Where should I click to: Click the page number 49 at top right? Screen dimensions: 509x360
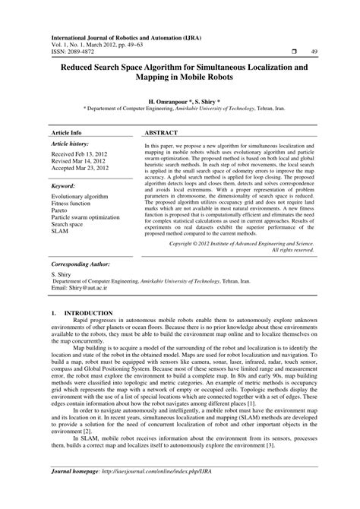(x=314, y=51)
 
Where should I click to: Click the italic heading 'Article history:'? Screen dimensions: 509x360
(x=70, y=122)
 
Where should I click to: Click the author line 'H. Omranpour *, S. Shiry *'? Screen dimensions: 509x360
(x=180, y=100)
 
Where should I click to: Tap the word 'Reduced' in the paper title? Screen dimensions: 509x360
(x=74, y=67)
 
